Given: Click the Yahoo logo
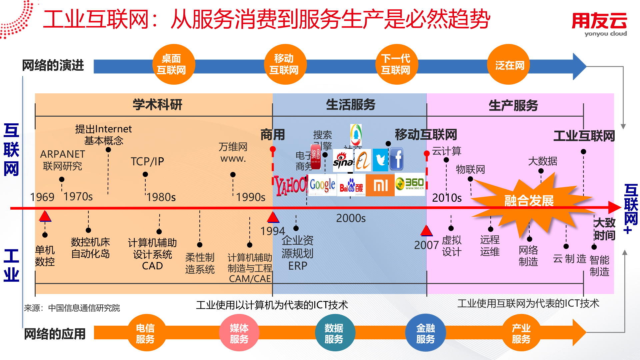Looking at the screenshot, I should (x=291, y=185).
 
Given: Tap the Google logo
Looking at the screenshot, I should (x=322, y=185).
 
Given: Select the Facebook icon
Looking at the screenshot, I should (x=396, y=159).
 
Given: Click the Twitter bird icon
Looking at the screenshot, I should (x=380, y=160).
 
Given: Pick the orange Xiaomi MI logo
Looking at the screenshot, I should (x=380, y=185).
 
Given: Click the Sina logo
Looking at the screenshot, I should (x=343, y=160).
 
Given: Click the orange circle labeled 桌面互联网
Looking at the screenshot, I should (x=171, y=64).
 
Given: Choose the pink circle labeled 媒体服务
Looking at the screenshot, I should (x=239, y=333).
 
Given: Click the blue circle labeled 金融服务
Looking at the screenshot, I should (x=425, y=333).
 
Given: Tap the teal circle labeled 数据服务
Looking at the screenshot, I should (x=334, y=333).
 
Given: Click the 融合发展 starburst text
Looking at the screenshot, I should (x=529, y=201).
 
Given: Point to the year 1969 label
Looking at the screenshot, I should (x=42, y=197).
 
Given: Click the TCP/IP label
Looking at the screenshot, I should (x=147, y=161).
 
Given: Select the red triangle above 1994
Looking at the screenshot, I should (x=273, y=217).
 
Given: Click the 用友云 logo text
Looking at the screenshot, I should (x=599, y=21).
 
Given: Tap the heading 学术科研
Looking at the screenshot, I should (x=157, y=105).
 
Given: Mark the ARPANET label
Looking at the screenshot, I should (x=63, y=154).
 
